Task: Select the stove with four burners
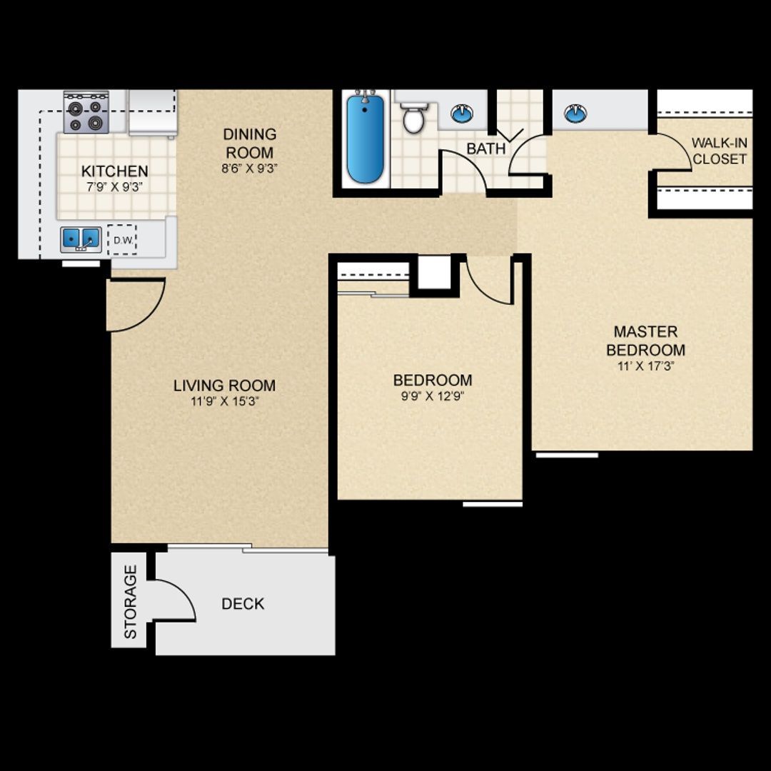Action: [x=86, y=114]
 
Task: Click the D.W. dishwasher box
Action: [x=122, y=241]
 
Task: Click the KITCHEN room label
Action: [x=114, y=171]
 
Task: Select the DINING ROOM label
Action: [x=249, y=143]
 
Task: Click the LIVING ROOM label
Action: [x=224, y=385]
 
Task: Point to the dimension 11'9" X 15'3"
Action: [x=224, y=401]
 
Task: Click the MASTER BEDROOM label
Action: [x=645, y=341]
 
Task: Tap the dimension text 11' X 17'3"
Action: [x=645, y=366]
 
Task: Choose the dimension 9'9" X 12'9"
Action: [x=433, y=396]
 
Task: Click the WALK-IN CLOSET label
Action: [x=719, y=151]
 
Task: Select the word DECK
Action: [x=243, y=604]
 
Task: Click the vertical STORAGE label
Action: [x=131, y=602]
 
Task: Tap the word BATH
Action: [x=485, y=148]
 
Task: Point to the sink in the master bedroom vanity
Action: [x=575, y=113]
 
